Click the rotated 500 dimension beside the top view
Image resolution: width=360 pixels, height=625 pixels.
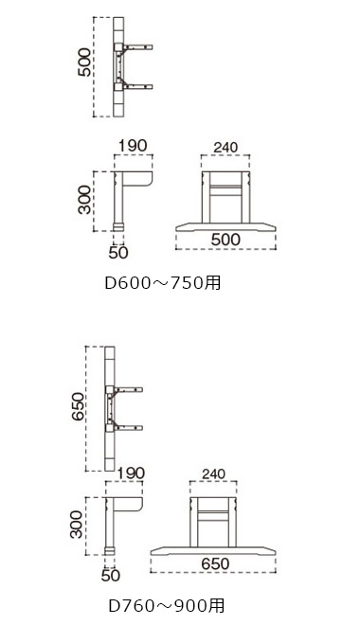click(85, 62)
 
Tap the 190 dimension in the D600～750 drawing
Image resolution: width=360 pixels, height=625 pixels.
click(134, 146)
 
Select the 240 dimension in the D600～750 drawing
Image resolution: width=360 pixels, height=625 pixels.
click(225, 147)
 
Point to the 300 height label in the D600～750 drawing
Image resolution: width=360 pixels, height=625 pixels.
click(85, 200)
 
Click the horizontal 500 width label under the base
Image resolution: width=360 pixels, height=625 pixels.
click(225, 240)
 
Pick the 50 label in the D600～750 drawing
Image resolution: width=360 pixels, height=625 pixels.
click(118, 252)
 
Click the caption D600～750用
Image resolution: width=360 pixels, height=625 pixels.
click(162, 282)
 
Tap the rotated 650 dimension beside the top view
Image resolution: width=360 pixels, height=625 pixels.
click(78, 406)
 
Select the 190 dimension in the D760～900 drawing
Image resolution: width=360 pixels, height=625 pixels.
click(131, 473)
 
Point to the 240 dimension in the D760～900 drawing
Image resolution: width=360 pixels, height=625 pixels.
click(213, 473)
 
